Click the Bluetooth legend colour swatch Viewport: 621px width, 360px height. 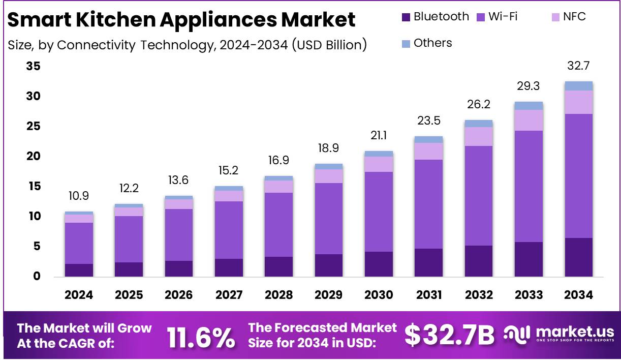[406, 17]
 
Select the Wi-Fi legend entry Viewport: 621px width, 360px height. [498, 17]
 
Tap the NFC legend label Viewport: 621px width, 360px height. [574, 17]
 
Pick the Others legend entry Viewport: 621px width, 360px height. [432, 43]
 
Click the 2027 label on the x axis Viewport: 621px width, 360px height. [228, 295]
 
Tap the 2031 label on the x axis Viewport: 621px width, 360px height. [428, 295]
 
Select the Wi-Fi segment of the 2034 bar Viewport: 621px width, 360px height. [578, 175]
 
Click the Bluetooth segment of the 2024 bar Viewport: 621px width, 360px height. [79, 270]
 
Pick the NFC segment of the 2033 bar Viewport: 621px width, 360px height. [529, 120]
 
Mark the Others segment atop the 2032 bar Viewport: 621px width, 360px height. [478, 124]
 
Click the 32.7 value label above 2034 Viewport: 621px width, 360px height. [578, 66]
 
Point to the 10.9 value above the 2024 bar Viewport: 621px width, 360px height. [79, 196]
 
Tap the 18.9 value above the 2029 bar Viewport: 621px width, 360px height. [328, 148]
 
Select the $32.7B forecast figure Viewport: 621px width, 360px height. [449, 335]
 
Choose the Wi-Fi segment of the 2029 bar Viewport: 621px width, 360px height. [328, 219]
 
